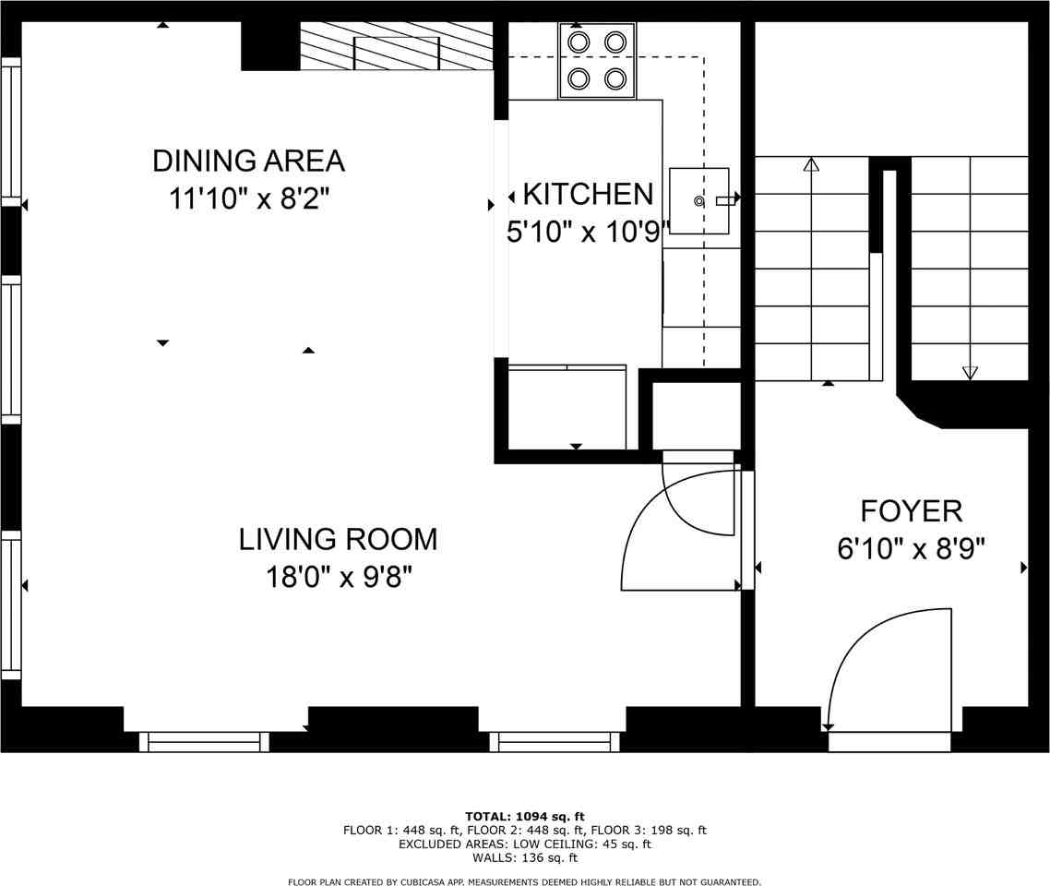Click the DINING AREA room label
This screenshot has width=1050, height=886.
tap(248, 161)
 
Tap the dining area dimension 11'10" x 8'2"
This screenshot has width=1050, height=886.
tap(248, 199)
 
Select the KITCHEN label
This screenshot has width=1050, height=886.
tap(588, 195)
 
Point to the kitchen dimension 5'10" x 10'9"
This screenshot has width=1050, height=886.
tap(587, 233)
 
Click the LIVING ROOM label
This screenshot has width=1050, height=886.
tap(338, 539)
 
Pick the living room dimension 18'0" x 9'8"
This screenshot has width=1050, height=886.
tap(338, 578)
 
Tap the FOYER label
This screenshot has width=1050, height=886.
tap(911, 511)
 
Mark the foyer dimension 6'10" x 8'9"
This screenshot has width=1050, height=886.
tap(911, 549)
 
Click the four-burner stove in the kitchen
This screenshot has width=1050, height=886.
tap(597, 61)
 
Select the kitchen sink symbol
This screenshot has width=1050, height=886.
tap(699, 200)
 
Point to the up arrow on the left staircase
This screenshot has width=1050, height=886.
tap(811, 166)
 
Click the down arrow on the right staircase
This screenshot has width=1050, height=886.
tap(969, 372)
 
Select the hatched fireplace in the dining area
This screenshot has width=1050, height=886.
tap(397, 46)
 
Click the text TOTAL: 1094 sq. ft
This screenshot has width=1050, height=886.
tap(524, 816)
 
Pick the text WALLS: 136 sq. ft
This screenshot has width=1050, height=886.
tap(524, 857)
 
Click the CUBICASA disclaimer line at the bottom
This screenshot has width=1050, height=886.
tap(524, 882)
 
